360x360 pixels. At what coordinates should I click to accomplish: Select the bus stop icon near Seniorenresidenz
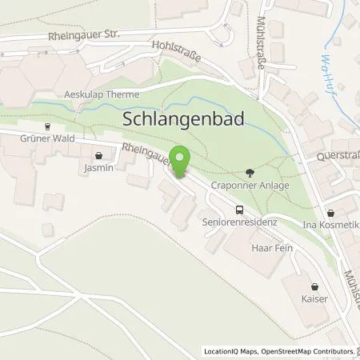tap(238, 210)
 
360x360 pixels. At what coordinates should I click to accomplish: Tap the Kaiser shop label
tap(314, 298)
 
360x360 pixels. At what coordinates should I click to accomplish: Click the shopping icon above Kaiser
tap(314, 286)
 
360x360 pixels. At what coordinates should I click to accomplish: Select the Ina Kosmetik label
tap(329, 226)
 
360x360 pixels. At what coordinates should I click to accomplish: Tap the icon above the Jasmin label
tap(98, 156)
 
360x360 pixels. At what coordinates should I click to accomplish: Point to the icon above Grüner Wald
tap(46, 126)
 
